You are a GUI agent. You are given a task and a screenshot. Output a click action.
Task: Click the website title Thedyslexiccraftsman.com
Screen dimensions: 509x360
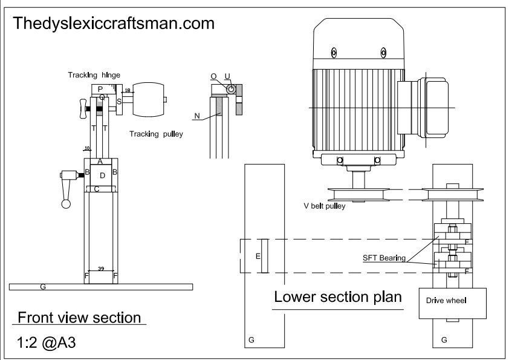(114, 24)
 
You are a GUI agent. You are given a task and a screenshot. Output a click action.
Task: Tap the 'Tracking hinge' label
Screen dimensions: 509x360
(94, 75)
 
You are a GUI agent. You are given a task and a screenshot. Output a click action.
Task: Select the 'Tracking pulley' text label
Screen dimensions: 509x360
(156, 134)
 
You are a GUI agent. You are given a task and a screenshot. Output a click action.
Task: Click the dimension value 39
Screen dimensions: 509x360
(101, 269)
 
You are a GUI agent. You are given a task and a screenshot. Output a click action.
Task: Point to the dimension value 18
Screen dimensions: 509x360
(127, 90)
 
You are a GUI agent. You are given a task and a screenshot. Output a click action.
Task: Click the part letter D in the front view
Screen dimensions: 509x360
(102, 175)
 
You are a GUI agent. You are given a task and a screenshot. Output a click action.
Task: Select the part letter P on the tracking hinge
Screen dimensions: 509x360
(100, 89)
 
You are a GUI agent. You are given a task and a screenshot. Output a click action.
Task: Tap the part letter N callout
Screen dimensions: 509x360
(197, 116)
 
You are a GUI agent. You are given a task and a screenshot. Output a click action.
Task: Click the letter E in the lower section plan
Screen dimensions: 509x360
(258, 257)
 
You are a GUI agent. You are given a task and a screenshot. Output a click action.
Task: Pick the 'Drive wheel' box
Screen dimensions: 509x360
(453, 303)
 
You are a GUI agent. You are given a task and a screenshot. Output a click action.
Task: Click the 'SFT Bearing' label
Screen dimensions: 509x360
(384, 258)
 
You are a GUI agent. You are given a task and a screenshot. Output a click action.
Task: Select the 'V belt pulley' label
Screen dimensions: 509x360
(324, 206)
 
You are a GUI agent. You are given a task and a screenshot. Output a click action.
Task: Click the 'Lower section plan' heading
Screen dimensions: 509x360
(338, 296)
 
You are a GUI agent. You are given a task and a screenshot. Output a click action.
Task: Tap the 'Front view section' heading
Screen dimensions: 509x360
(79, 318)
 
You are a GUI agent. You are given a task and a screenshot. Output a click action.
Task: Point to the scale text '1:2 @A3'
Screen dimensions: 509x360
(47, 342)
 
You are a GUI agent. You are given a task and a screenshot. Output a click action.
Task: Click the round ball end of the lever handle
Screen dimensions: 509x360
(66, 204)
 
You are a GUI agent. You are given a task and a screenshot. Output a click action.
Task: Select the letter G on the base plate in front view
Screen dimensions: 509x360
(43, 287)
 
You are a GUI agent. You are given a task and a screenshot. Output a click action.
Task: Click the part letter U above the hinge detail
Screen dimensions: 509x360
(227, 76)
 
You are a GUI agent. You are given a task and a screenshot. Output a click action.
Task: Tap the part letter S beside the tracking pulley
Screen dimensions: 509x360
(119, 102)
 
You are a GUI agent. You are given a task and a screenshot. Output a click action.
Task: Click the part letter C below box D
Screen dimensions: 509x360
(97, 189)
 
